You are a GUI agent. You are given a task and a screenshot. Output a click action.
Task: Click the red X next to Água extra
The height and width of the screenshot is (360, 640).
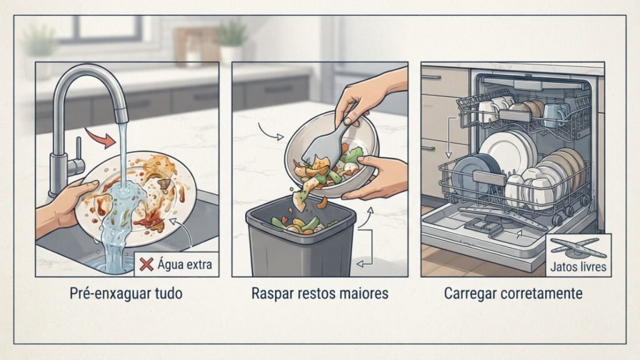pos(146,264)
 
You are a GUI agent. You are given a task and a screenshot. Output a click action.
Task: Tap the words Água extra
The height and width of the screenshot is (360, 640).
pos(184,264)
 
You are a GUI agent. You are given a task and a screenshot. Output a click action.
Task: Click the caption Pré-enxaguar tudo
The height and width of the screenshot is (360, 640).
pos(126,294)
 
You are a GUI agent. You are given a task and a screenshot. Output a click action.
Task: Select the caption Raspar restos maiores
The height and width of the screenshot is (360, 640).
pos(320,294)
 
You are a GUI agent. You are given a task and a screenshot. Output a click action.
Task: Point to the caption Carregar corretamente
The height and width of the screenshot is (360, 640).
pos(513,294)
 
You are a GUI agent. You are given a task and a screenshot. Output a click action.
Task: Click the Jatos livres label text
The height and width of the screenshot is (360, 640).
pos(578,267)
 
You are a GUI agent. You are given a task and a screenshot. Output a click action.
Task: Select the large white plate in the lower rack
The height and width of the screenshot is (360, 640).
pos(507,155)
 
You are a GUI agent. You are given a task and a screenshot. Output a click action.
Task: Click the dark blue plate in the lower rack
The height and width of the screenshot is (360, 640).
pos(476,176)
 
